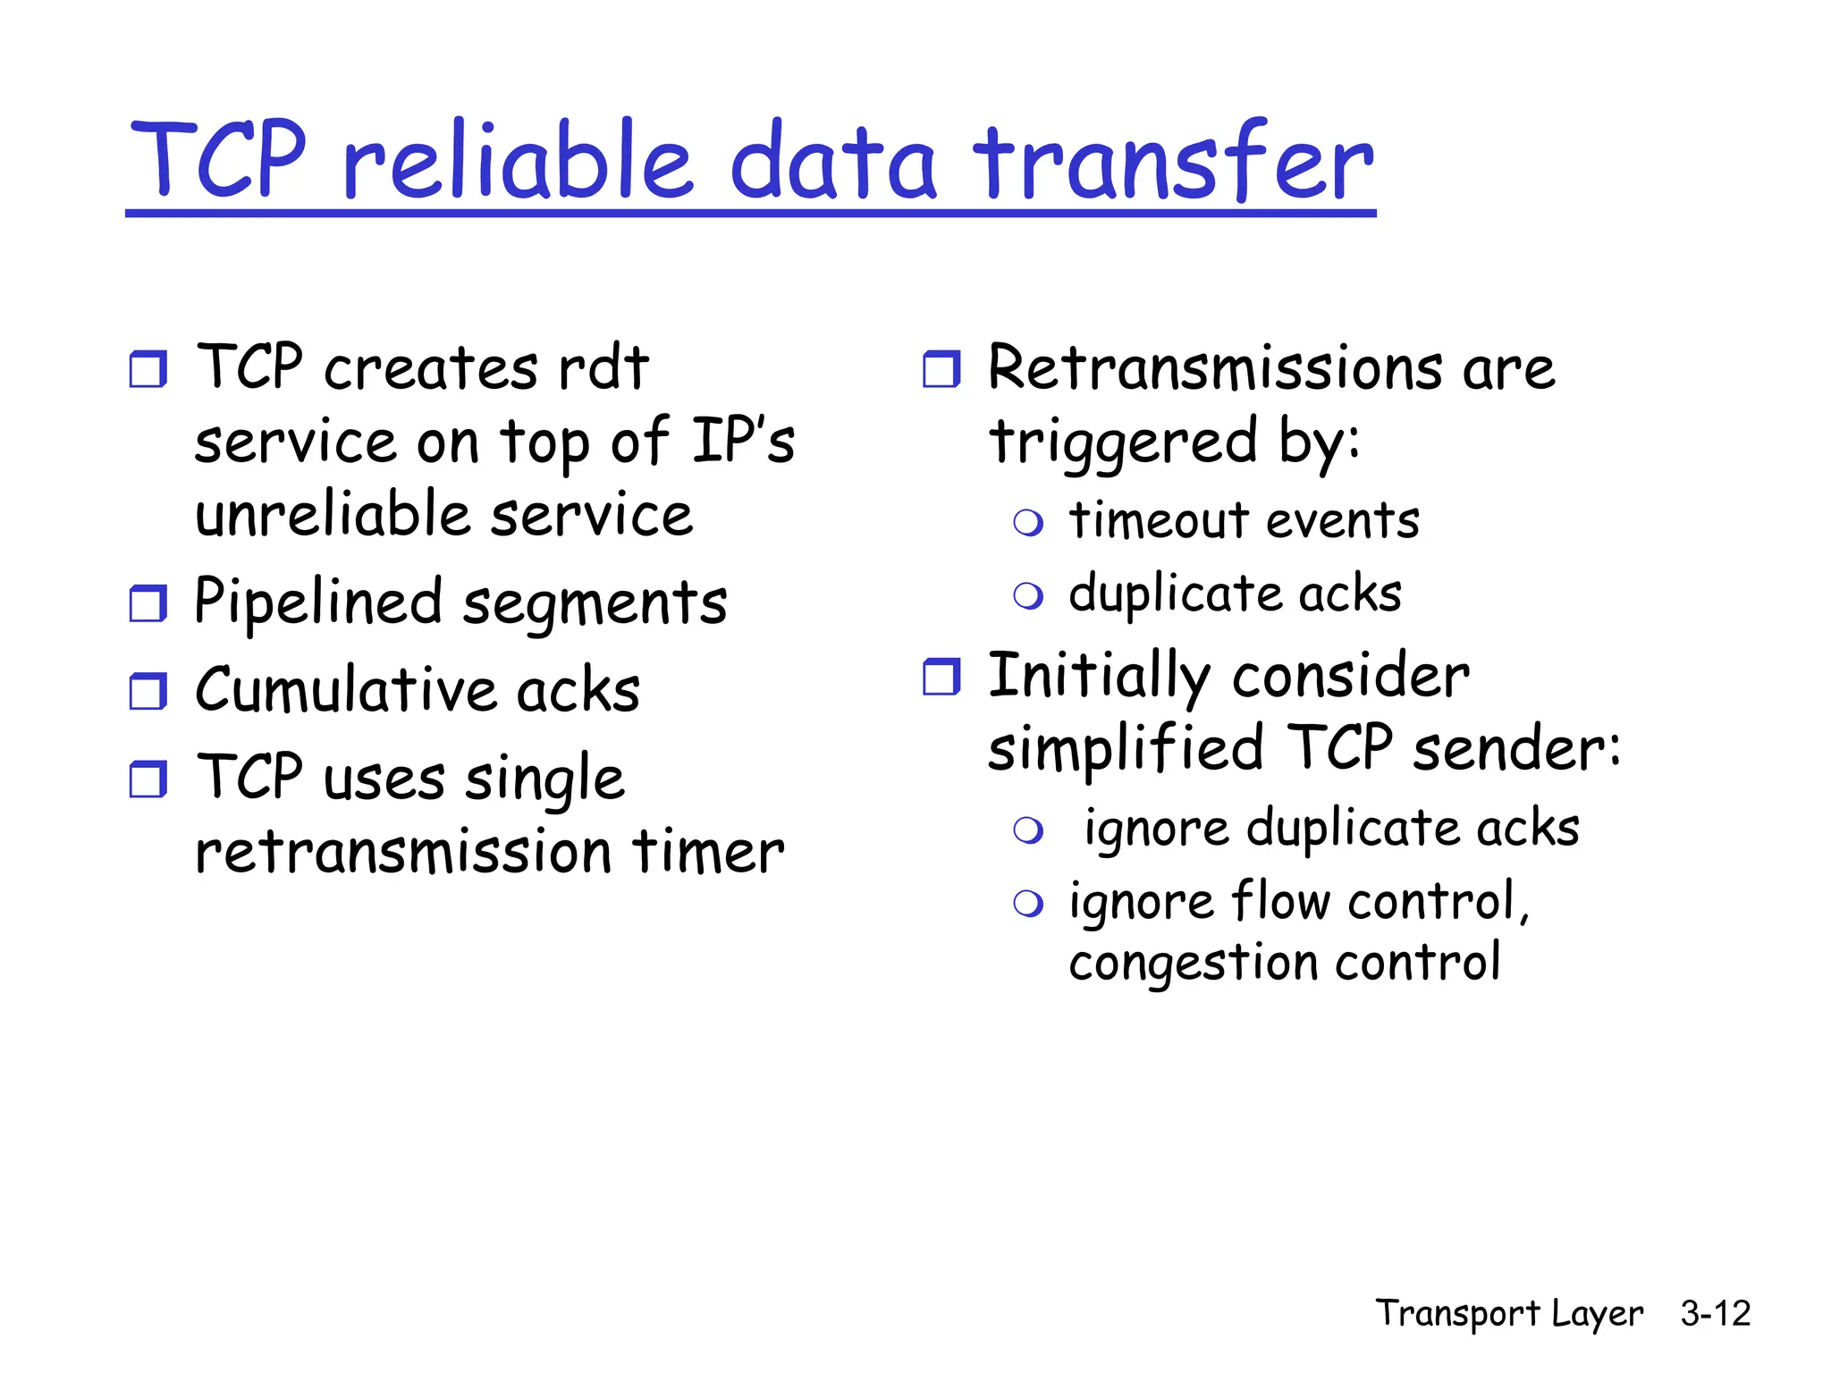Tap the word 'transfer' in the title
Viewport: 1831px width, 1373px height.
click(x=1173, y=161)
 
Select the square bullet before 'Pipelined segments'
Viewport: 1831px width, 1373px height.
click(x=148, y=603)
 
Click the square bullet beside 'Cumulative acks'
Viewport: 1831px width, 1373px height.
click(x=148, y=691)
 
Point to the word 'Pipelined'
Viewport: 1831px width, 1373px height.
click(x=318, y=602)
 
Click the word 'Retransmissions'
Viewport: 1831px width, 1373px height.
click(x=1215, y=368)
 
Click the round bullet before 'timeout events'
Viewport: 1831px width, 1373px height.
click(x=1028, y=523)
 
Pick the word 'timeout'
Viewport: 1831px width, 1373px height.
click(x=1159, y=520)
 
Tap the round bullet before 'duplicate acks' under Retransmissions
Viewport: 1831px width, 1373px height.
click(x=1028, y=595)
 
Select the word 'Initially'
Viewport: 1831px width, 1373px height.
click(x=1099, y=677)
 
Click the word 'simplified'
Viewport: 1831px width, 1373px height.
click(x=1126, y=749)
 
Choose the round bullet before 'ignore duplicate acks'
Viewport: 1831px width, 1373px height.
click(x=1028, y=830)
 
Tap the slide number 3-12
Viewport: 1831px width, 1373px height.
click(x=1715, y=1313)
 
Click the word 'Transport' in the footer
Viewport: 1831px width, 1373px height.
click(x=1457, y=1313)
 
